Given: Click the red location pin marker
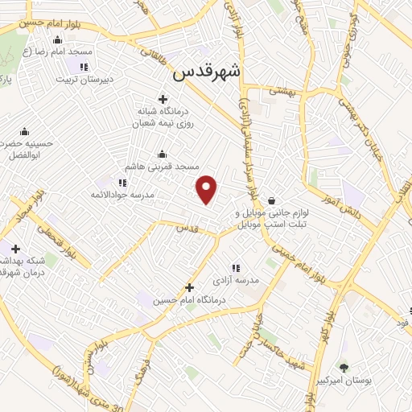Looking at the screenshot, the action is click(208, 189).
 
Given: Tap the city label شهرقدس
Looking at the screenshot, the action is click(207, 72).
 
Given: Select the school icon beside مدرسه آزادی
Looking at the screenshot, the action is click(235, 268).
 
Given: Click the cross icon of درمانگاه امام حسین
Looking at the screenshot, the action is click(189, 287).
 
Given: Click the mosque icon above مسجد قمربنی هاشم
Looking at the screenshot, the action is click(163, 154).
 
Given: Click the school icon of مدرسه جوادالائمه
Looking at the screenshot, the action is click(122, 183).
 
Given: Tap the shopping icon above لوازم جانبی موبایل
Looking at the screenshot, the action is click(271, 200).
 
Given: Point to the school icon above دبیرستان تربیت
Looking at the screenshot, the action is click(84, 66).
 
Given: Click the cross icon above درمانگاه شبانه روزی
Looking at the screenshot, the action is click(163, 99).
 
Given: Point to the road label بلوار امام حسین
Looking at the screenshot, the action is click(31, 25).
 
